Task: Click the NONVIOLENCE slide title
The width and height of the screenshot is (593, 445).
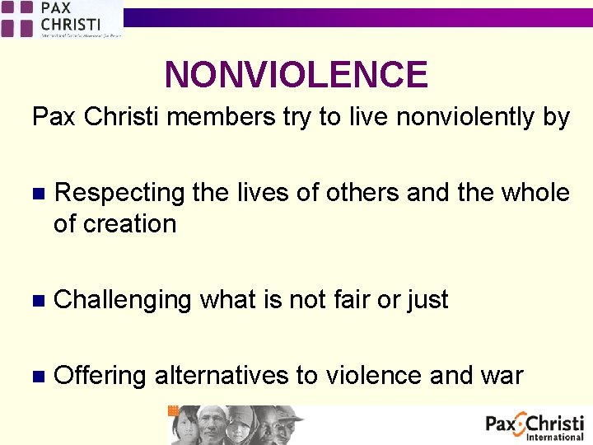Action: (296, 75)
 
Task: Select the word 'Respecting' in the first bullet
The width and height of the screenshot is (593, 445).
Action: (119, 193)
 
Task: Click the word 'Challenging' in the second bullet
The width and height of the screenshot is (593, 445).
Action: (122, 300)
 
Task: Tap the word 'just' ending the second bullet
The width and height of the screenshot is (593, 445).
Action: (427, 300)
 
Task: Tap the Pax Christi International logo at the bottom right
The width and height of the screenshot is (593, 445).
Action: (535, 427)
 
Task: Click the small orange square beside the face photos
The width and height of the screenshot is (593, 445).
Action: (173, 410)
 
